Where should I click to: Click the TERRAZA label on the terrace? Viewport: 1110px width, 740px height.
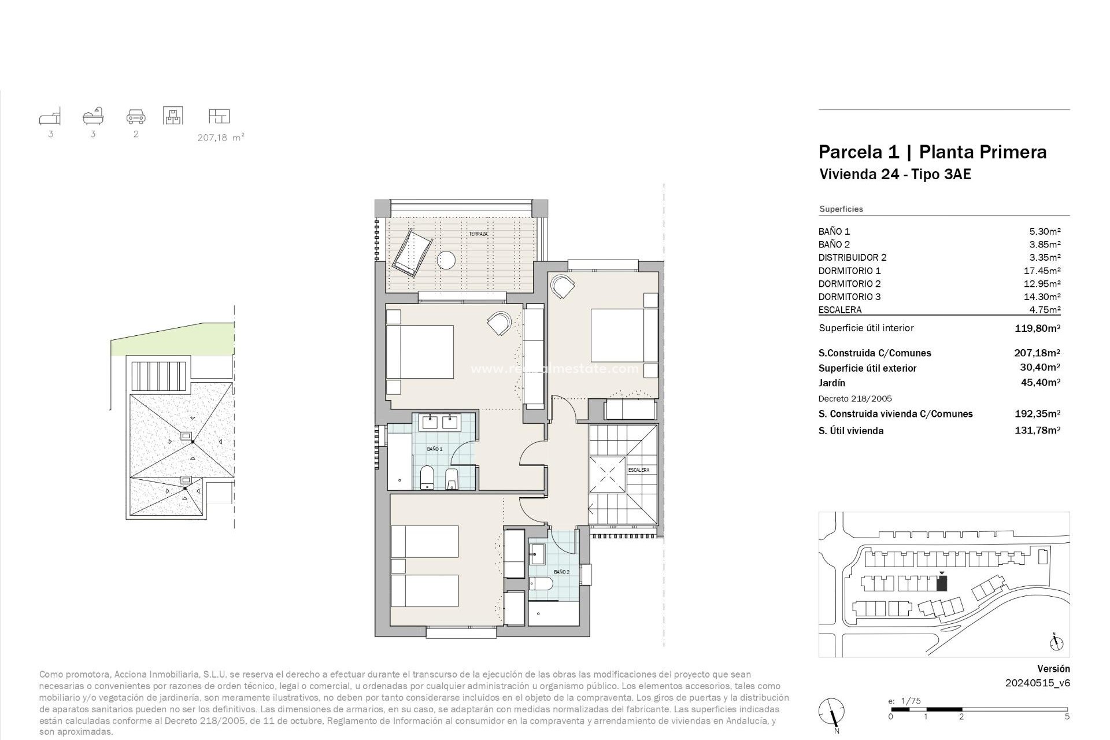[478, 234]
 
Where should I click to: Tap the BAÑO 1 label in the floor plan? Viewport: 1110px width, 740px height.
[435, 449]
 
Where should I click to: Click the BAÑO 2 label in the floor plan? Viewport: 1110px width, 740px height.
[561, 572]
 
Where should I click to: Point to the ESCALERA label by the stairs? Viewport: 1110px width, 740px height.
[639, 470]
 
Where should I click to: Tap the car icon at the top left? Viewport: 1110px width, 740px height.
[136, 117]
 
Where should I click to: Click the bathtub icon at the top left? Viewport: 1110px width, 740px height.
[93, 116]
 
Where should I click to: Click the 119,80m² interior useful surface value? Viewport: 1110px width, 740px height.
[1037, 328]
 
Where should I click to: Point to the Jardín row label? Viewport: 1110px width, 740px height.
[831, 383]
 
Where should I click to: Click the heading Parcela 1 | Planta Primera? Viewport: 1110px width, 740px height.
[932, 152]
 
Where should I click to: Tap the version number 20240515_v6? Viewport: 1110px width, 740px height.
[1037, 683]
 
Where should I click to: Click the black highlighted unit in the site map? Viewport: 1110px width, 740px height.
[942, 584]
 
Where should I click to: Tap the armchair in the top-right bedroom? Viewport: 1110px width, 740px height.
[563, 286]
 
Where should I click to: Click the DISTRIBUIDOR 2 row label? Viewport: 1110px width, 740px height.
[852, 258]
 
